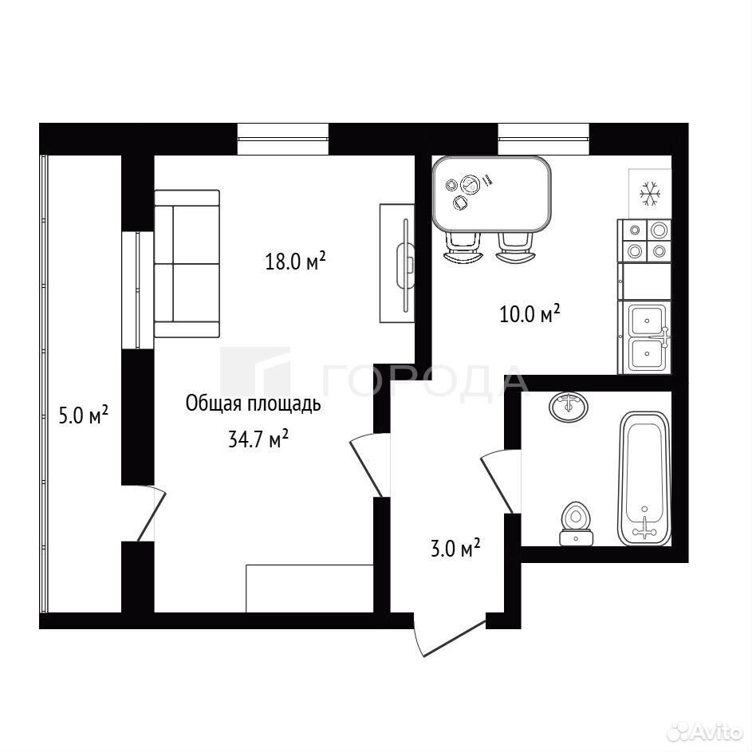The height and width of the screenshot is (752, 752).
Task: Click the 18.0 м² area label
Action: pyautogui.click(x=295, y=262)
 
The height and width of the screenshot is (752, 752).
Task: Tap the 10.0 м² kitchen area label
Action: pyautogui.click(x=530, y=313)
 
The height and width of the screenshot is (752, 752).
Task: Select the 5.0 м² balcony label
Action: pyautogui.click(x=83, y=415)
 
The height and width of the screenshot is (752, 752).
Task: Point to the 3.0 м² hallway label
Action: pyautogui.click(x=455, y=548)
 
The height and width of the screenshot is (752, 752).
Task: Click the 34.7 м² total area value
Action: pyautogui.click(x=258, y=439)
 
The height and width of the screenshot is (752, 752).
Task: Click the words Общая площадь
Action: pyautogui.click(x=253, y=404)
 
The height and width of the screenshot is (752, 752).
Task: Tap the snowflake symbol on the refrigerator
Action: pyautogui.click(x=651, y=194)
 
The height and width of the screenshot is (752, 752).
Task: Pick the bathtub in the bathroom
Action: pyautogui.click(x=644, y=478)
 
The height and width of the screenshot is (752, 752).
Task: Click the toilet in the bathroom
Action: pyautogui.click(x=576, y=523)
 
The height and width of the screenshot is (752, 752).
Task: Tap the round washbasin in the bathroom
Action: pyautogui.click(x=569, y=407)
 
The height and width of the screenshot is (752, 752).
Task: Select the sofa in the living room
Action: pyautogui.click(x=187, y=263)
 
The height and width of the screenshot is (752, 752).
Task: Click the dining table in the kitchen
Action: pyautogui.click(x=491, y=195)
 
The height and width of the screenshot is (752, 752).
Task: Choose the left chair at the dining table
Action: pyautogui.click(x=463, y=248)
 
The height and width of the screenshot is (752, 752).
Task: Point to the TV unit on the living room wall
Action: pyautogui.click(x=397, y=263)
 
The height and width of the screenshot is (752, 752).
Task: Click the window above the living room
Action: pyautogui.click(x=283, y=139)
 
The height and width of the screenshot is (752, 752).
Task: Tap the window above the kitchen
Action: pyautogui.click(x=543, y=139)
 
